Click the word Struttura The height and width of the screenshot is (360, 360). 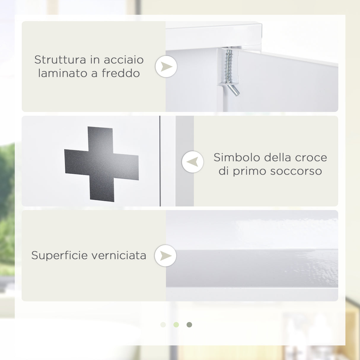pos(60,60)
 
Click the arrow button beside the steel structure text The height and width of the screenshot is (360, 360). pos(166,66)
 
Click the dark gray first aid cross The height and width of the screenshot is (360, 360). pos(101,164)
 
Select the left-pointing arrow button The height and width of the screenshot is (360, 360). pos(193,162)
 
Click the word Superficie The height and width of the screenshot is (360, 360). pos(59,255)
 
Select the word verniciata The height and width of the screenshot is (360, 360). pos(119,255)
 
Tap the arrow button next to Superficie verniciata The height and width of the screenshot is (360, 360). pos(165,256)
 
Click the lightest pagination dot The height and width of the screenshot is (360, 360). pos(163,325)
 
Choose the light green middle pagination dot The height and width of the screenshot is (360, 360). pos(176,325)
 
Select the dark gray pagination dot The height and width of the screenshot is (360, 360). pos(189,325)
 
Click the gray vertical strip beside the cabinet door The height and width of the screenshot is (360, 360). pos(184,161)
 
